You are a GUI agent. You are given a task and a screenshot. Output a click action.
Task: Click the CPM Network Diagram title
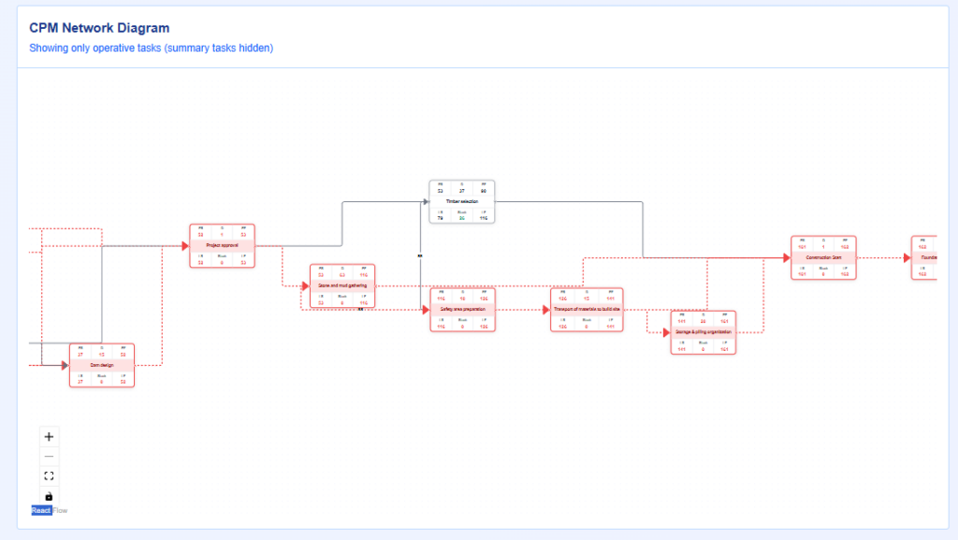[x=99, y=29]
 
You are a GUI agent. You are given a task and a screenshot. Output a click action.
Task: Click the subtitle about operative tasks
[x=151, y=48]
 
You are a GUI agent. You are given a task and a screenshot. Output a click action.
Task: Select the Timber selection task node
[x=462, y=201]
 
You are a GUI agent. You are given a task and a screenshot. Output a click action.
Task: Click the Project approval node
[x=223, y=246]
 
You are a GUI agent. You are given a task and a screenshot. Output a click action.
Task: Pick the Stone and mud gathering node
[x=342, y=285]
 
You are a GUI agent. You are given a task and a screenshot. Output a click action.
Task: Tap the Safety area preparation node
[x=463, y=309]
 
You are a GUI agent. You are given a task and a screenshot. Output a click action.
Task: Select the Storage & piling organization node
[x=704, y=332]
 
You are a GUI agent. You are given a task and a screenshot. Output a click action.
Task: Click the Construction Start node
[x=824, y=257]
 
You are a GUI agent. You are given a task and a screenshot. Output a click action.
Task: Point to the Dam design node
[x=102, y=365]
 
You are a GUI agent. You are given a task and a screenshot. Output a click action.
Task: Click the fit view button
[x=50, y=475]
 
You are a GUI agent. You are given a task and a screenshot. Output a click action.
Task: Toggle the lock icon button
[x=50, y=495]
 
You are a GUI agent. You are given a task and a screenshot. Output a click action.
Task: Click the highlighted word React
[x=41, y=510]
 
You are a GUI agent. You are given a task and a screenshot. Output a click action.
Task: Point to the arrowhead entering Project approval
[x=185, y=246]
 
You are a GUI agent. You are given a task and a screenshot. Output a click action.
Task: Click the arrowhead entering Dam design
[x=65, y=365]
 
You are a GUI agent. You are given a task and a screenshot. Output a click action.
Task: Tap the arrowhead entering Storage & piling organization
[x=666, y=332]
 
